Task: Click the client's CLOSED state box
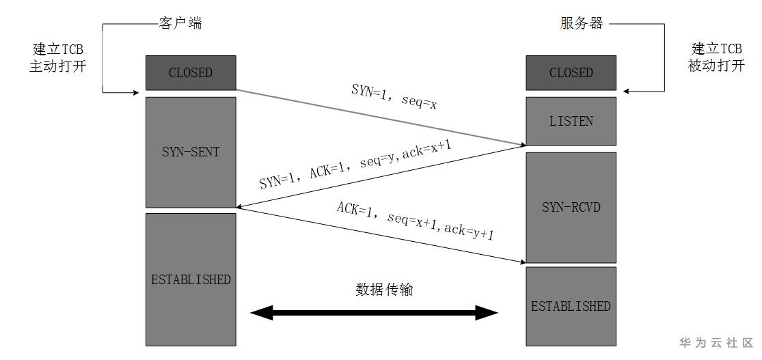pyautogui.click(x=191, y=72)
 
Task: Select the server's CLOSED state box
pyautogui.click(x=571, y=72)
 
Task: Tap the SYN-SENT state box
pyautogui.click(x=191, y=152)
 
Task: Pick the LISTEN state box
pyautogui.click(x=571, y=121)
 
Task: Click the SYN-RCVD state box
pyautogui.click(x=571, y=206)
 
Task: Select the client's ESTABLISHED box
pyautogui.click(x=191, y=279)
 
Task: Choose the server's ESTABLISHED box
pyautogui.click(x=571, y=305)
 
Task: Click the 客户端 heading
pyautogui.click(x=180, y=24)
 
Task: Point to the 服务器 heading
pyautogui.click(x=582, y=24)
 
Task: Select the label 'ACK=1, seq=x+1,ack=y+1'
pyautogui.click(x=415, y=220)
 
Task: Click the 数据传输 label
pyautogui.click(x=384, y=289)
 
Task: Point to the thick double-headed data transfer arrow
pyautogui.click(x=374, y=314)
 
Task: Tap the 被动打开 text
pyautogui.click(x=716, y=67)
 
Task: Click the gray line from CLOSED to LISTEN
pyautogui.click(x=380, y=117)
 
